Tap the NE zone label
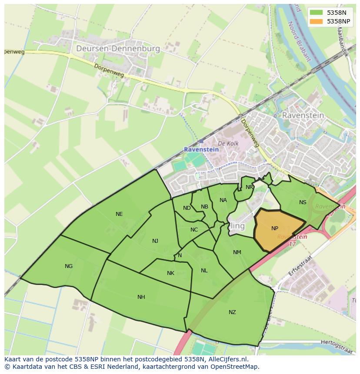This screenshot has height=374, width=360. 119,214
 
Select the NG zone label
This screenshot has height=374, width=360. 69,266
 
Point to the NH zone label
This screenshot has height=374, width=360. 141,297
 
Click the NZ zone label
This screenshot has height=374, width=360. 232,312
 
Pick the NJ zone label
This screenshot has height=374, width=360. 155,241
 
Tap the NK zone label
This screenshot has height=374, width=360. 170,273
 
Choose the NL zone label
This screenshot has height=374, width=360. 204,271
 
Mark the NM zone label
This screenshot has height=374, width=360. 237,252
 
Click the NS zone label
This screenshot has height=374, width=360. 303,202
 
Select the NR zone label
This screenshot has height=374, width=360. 249,187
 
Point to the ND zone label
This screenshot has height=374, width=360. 187,208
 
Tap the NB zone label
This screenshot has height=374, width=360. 204,206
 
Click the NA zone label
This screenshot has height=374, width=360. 223,200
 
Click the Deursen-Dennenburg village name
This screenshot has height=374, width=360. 118,49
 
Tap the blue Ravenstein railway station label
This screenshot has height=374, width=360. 201,149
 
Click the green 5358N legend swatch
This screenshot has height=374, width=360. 316,13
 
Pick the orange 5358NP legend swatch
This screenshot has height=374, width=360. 316,21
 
